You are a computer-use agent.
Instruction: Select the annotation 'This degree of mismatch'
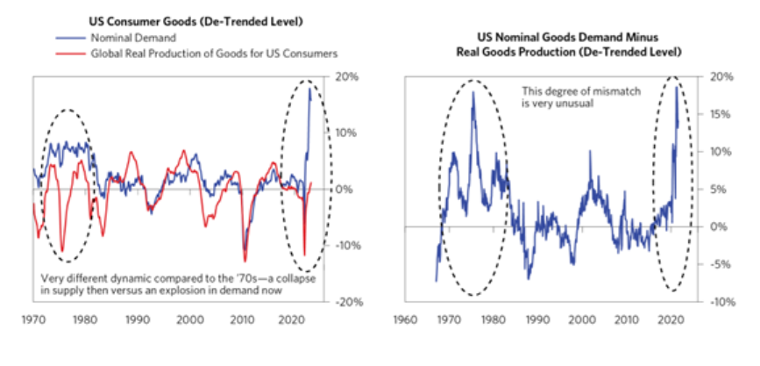pos(571,90)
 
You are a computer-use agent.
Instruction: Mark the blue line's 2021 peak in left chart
pos(310,89)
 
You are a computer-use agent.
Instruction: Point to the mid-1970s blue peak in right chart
pos(472,92)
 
